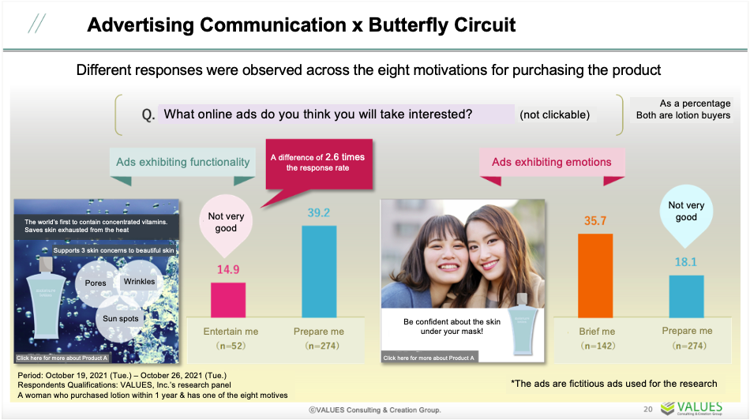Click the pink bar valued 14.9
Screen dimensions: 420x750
point(227,300)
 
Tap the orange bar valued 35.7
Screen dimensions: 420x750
point(595,276)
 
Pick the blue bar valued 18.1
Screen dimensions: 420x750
point(686,297)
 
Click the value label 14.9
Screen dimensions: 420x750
point(227,269)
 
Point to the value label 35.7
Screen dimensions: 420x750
point(595,221)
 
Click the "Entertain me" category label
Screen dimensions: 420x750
point(228,332)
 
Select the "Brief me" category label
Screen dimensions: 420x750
point(597,332)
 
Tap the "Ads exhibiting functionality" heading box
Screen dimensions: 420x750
point(183,162)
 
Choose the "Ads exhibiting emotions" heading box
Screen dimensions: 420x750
point(552,162)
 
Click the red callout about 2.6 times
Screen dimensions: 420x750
point(317,163)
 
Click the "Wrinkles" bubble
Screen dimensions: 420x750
point(140,281)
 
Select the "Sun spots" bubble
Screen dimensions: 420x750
point(121,318)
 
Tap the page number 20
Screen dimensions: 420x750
point(647,408)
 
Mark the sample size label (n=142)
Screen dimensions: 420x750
point(597,346)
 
